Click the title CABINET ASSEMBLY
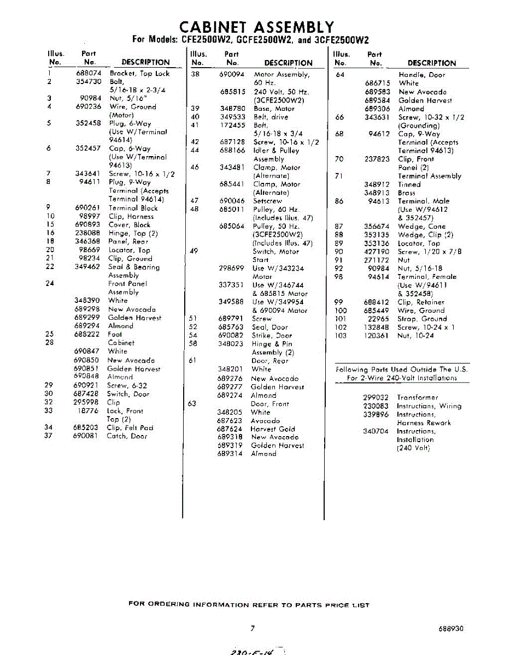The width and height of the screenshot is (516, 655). (x=256, y=27)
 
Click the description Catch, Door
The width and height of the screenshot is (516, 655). (x=127, y=436)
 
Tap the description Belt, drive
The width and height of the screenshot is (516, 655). (x=270, y=117)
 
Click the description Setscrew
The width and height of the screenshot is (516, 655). (x=267, y=201)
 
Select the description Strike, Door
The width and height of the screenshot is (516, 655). (x=272, y=336)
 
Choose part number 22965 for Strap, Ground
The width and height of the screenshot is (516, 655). (x=379, y=319)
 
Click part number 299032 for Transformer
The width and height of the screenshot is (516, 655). (x=376, y=398)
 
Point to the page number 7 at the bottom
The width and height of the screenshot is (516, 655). (x=253, y=628)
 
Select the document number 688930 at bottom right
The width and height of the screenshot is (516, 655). (x=451, y=628)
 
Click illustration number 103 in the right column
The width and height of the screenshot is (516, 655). (x=341, y=336)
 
